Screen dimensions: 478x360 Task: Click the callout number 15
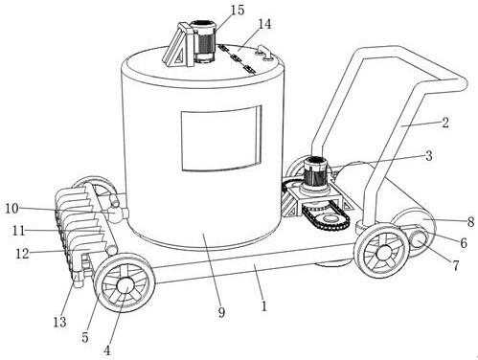point(238,10)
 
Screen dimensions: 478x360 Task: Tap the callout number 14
point(264,24)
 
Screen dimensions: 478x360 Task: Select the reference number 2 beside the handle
point(445,123)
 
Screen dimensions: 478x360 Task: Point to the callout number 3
point(428,156)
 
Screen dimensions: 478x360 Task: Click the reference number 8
point(470,221)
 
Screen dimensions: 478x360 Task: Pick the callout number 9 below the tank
point(221,312)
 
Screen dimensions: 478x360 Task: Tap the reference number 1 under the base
point(263,306)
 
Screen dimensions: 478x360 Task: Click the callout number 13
point(59,322)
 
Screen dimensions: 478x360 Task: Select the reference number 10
point(12,209)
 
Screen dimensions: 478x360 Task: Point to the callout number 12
point(22,254)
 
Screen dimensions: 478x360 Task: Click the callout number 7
point(456,265)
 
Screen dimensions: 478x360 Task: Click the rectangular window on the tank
point(221,138)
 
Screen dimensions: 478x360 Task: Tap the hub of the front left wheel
point(125,285)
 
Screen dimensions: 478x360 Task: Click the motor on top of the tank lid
point(202,40)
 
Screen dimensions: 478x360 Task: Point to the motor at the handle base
point(315,174)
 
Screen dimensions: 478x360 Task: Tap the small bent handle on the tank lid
point(264,53)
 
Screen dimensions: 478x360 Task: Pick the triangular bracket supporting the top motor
point(176,47)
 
